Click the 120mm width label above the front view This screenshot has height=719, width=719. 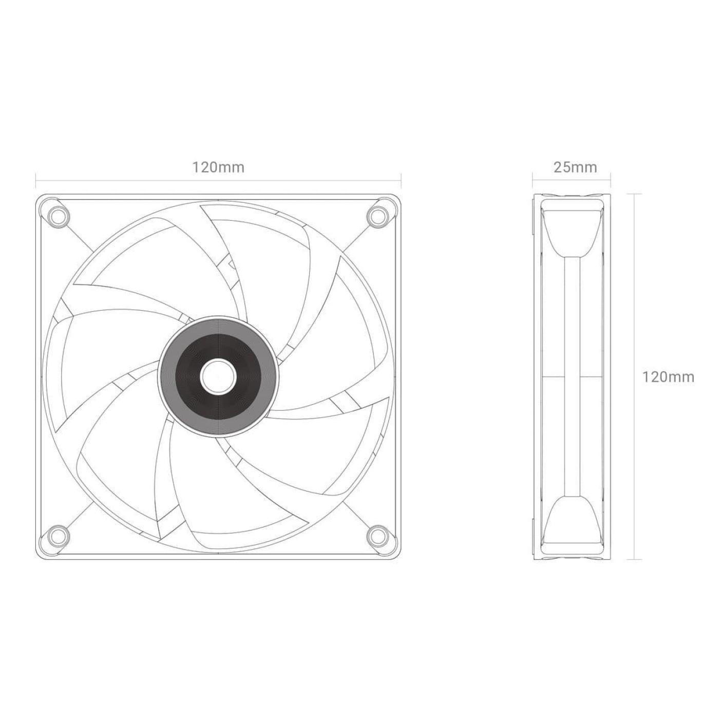click(x=218, y=167)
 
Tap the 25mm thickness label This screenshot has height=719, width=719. click(x=575, y=167)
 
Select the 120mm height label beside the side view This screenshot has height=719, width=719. click(x=668, y=377)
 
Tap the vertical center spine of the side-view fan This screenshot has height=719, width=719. click(x=571, y=377)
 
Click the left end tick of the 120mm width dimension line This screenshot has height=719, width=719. click(x=35, y=180)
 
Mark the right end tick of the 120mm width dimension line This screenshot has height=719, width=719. click(x=401, y=180)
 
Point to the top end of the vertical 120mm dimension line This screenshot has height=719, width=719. click(x=636, y=194)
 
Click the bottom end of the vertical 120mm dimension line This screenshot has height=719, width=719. click(x=636, y=559)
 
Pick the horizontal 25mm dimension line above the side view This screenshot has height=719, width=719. click(x=571, y=180)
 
